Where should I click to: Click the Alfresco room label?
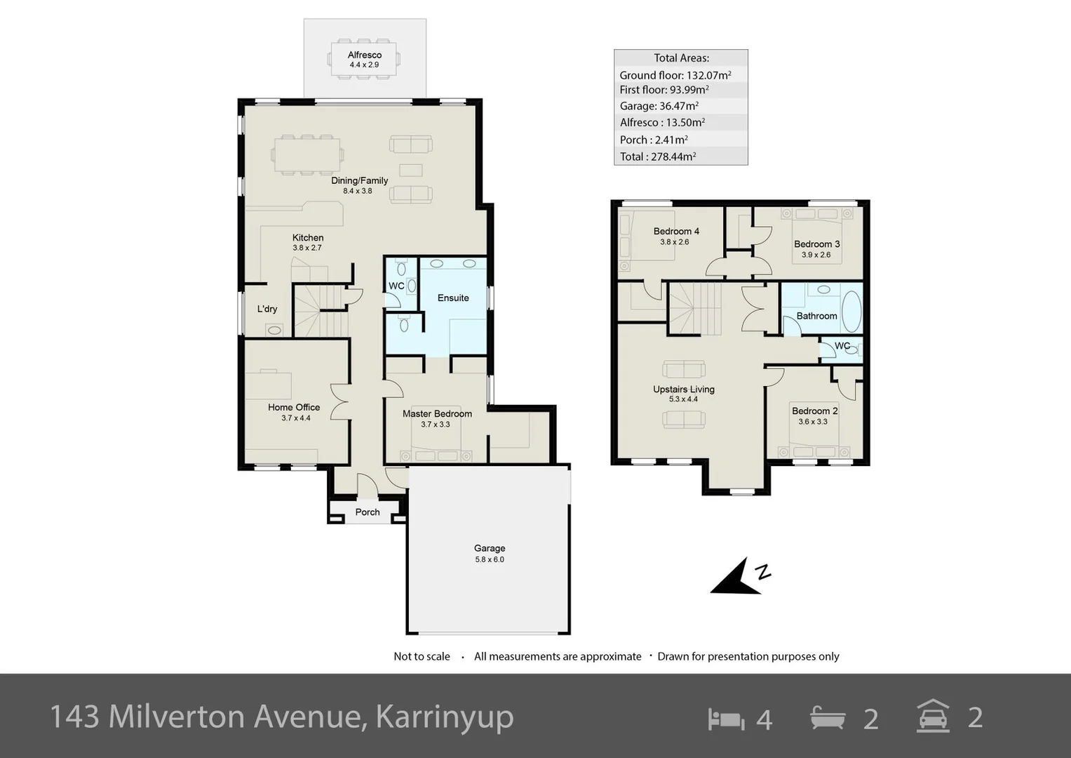point(364,55)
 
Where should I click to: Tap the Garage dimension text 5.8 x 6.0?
point(489,559)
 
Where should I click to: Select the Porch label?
point(367,512)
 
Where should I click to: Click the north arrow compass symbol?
point(740,577)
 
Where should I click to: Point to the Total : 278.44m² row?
point(657,157)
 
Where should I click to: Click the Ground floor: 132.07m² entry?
point(675,75)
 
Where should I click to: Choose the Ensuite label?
point(453,298)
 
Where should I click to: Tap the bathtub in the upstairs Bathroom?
point(851,311)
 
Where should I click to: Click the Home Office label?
point(294,407)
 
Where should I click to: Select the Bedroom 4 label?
point(675,231)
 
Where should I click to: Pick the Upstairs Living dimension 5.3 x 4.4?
point(683,399)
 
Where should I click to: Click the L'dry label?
point(267,309)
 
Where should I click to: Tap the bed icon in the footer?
point(726,719)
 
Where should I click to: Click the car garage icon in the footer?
point(933,717)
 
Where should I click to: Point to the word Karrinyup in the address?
point(444,717)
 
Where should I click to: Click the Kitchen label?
point(308,238)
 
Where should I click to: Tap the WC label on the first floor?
point(842,346)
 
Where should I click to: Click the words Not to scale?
point(422,656)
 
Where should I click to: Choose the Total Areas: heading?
point(681,58)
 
